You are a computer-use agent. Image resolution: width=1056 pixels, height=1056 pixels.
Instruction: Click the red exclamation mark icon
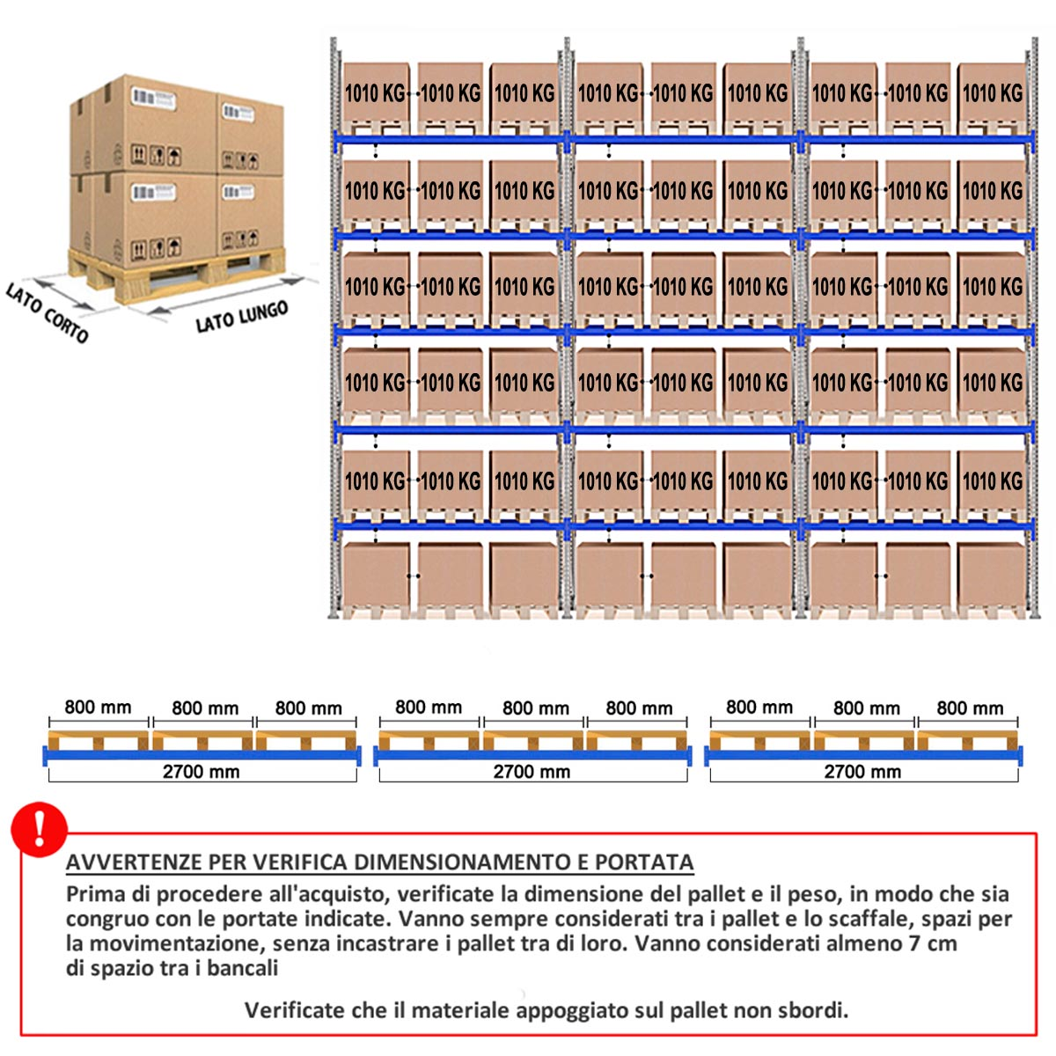(x=39, y=829)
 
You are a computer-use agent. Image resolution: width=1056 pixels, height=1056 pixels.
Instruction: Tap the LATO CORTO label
(x=48, y=312)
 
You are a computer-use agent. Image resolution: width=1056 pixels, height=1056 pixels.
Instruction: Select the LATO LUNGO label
(x=242, y=317)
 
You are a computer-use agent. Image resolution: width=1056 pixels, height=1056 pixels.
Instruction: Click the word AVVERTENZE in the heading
(x=135, y=862)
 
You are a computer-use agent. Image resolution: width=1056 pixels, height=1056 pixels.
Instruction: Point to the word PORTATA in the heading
(x=644, y=862)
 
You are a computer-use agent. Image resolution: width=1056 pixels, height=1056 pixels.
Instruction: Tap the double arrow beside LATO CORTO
(x=63, y=294)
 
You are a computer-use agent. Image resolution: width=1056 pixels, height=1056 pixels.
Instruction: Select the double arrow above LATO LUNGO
(x=226, y=296)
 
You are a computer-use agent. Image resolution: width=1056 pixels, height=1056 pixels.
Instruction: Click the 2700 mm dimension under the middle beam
(x=532, y=772)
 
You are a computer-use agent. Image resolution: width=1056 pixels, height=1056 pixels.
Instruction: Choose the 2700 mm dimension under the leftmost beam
(x=202, y=772)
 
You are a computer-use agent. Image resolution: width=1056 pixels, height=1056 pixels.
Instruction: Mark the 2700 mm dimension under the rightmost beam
(x=862, y=772)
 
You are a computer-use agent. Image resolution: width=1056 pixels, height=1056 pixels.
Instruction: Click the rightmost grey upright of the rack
(x=1032, y=327)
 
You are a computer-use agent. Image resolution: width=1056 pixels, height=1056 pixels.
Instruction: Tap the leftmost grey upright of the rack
(x=334, y=327)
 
